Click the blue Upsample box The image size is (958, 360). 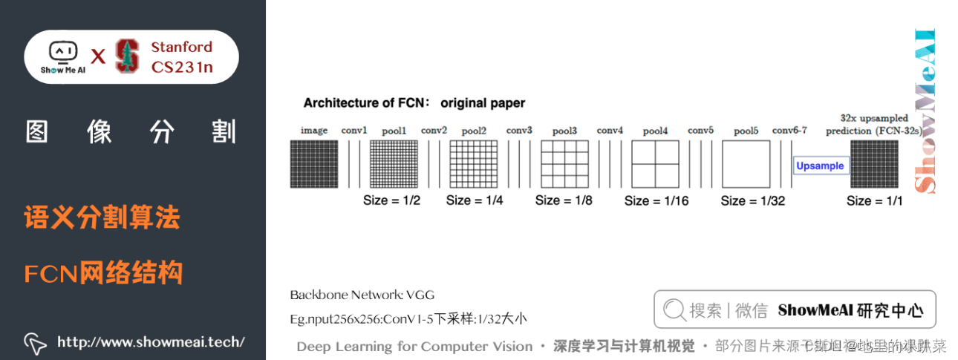pyautogui.click(x=820, y=166)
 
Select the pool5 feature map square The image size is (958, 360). pyautogui.click(x=746, y=164)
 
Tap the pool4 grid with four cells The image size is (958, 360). pyautogui.click(x=655, y=164)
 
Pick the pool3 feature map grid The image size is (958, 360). pyautogui.click(x=564, y=164)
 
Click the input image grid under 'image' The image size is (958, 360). pyautogui.click(x=313, y=164)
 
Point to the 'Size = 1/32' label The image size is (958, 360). pyautogui.click(x=752, y=200)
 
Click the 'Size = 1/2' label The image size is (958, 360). pyautogui.click(x=391, y=200)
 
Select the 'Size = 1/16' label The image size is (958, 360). pyautogui.click(x=656, y=200)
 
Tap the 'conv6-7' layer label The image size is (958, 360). pyautogui.click(x=789, y=131)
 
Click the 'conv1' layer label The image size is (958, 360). pyautogui.click(x=354, y=131)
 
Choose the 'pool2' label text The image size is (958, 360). pyautogui.click(x=474, y=131)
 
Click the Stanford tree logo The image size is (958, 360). pyautogui.click(x=128, y=56)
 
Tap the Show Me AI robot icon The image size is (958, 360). pyautogui.click(x=62, y=52)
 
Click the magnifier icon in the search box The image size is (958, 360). pyautogui.click(x=674, y=310)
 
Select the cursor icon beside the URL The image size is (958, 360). pyautogui.click(x=35, y=342)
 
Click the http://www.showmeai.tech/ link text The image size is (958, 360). pyautogui.click(x=151, y=342)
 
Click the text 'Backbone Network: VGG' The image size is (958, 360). pyautogui.click(x=362, y=295)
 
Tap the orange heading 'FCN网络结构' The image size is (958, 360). pyautogui.click(x=103, y=273)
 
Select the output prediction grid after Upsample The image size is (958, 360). pyautogui.click(x=874, y=164)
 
